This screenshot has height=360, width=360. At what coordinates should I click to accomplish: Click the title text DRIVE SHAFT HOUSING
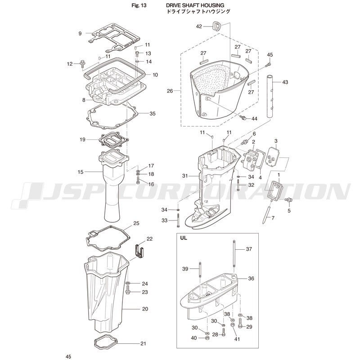195,5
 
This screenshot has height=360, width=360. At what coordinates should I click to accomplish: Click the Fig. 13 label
139,5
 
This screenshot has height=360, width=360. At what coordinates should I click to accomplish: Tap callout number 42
199,27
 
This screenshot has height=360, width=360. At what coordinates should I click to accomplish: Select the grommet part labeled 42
216,26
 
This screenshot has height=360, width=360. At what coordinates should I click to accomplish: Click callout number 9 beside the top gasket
80,33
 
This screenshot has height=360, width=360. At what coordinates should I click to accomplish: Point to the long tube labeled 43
270,96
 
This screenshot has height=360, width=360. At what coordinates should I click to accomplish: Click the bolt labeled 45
268,65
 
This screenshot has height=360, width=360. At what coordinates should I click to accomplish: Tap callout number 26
170,91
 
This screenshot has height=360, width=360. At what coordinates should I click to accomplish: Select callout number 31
185,176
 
